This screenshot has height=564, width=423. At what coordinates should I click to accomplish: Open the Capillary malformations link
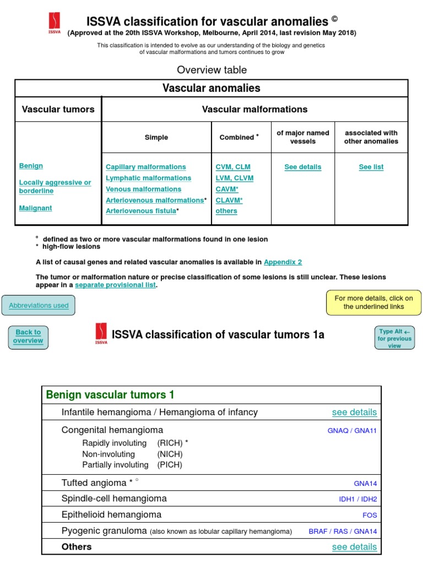(146, 167)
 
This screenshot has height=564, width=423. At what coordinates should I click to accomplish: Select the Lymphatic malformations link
(148, 178)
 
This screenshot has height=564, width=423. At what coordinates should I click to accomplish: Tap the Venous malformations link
(143, 189)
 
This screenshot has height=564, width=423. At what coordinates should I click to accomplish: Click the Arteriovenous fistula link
(140, 211)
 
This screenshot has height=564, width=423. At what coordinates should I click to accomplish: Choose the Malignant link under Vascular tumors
(35, 208)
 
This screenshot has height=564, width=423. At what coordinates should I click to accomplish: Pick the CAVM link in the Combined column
(226, 189)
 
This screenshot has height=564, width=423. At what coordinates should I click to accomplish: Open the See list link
(371, 167)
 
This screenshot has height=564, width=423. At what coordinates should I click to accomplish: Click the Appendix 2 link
(283, 262)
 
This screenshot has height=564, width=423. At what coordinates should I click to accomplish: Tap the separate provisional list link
(115, 285)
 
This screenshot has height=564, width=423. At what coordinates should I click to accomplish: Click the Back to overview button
(28, 337)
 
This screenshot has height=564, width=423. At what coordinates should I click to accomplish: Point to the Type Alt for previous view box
(394, 339)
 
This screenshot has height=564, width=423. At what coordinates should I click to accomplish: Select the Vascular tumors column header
(58, 109)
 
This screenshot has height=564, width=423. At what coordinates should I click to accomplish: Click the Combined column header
(237, 137)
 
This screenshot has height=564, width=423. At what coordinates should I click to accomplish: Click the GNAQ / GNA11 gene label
(352, 431)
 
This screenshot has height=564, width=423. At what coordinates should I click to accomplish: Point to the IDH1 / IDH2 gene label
(358, 500)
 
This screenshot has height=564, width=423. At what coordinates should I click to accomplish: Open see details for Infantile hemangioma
(354, 412)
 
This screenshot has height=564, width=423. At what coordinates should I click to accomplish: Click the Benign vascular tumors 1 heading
(110, 395)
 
